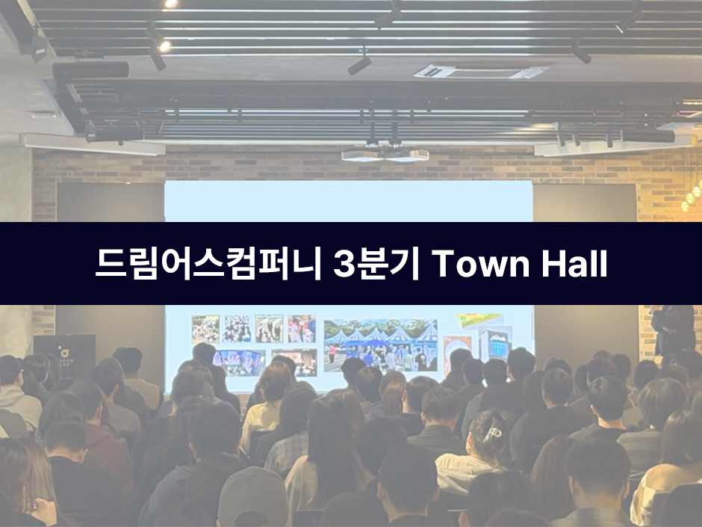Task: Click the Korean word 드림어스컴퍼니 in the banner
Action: pos(208,264)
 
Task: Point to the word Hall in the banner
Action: pos(574,264)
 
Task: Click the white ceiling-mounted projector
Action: pos(385,154)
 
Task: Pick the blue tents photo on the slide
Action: pos(381,345)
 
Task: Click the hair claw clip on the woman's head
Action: pos(491,432)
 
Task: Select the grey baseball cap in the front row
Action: pos(253,496)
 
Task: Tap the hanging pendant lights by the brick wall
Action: pos(692,194)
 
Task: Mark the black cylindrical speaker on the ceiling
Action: pos(90,70)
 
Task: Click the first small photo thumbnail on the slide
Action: pos(205,328)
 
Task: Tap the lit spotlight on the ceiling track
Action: pos(164,46)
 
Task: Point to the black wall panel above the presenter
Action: pos(585,203)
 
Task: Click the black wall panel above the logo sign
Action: pos(111,202)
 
